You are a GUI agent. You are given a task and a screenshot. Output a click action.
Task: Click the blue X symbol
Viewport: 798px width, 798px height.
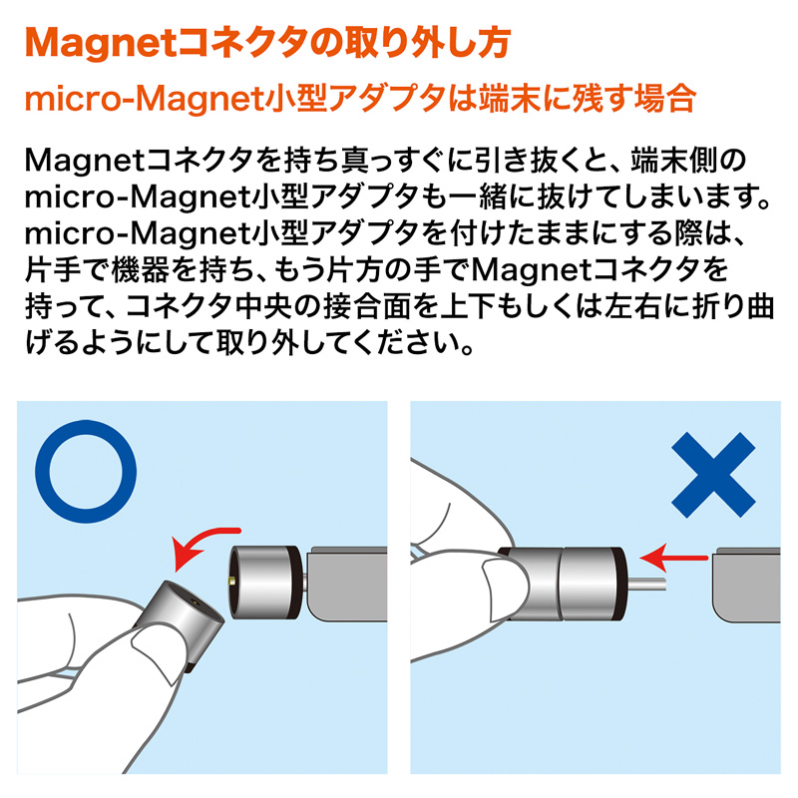coord(713,475)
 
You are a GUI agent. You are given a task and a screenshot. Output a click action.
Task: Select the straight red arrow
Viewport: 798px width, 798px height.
coord(672,558)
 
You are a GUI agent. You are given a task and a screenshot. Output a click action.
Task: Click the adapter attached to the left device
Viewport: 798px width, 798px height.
coord(265,583)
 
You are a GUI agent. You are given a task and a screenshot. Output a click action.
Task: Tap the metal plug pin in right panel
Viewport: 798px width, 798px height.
coord(645,585)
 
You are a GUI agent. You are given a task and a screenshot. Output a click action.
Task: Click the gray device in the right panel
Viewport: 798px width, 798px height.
coord(746,586)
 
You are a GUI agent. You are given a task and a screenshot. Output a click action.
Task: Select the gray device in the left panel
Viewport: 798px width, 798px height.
coord(347,584)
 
